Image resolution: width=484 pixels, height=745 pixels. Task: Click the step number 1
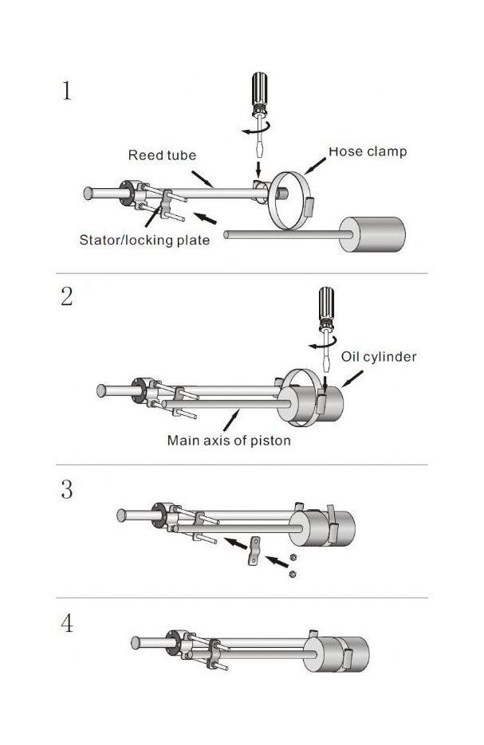tap(67, 91)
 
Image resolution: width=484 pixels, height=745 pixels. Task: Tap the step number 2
tap(67, 297)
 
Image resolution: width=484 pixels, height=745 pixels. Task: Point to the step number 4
tap(67, 623)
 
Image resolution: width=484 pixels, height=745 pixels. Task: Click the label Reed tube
tap(162, 155)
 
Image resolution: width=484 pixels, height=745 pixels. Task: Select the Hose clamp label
tap(368, 151)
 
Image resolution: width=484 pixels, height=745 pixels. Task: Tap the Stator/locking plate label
tap(144, 240)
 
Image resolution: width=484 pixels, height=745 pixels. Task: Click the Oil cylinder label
tap(379, 357)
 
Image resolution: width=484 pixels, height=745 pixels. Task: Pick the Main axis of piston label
tap(229, 439)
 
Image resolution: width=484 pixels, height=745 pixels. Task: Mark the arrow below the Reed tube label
tap(203, 176)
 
